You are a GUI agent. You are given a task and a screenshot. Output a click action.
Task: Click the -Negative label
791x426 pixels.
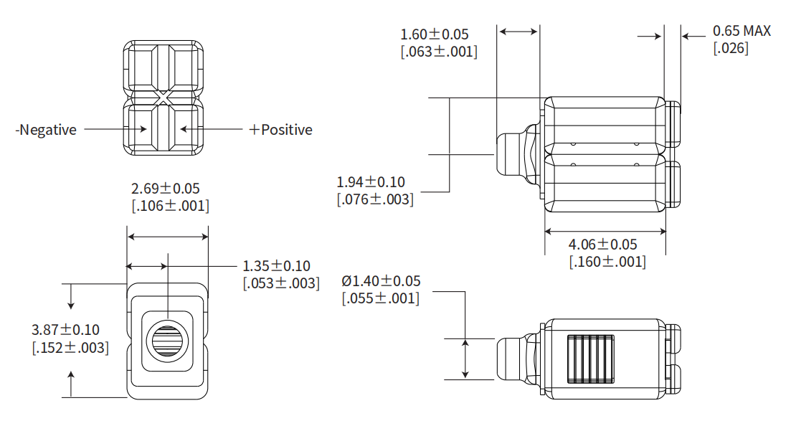coord(47,130)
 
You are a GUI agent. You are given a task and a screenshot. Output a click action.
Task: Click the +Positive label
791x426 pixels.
coord(281,130)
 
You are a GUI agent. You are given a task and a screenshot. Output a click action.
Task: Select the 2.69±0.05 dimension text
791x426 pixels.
coord(166,189)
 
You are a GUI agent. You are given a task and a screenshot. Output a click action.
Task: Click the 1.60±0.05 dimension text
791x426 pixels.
coord(435,34)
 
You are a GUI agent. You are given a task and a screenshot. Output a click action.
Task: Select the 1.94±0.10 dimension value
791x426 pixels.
coord(371,182)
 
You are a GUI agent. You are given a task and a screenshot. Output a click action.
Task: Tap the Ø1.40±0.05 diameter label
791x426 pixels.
coord(381,281)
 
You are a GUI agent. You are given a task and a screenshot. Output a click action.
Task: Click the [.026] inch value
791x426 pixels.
coord(731,48)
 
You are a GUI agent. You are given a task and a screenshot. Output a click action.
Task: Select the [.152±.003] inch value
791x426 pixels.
coord(70,348)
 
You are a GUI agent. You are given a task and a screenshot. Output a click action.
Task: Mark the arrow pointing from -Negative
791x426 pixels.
coord(115,130)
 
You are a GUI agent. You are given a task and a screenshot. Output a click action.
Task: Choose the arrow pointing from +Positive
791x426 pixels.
coord(212,130)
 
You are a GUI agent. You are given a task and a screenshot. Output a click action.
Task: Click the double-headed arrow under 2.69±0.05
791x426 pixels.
coord(167,237)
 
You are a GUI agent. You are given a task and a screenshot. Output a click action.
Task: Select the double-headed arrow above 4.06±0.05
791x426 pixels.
coord(605,231)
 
